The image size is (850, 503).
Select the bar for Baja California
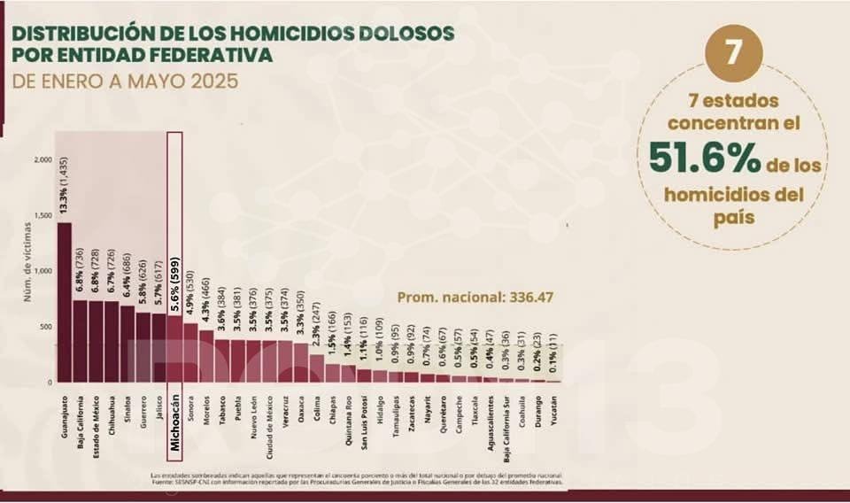[x=81, y=341]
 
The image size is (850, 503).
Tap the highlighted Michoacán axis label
[x=175, y=423]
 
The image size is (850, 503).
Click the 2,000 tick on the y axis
[x=41, y=160]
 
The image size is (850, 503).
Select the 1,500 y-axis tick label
[x=41, y=216]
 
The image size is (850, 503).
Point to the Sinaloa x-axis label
[x=127, y=413]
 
